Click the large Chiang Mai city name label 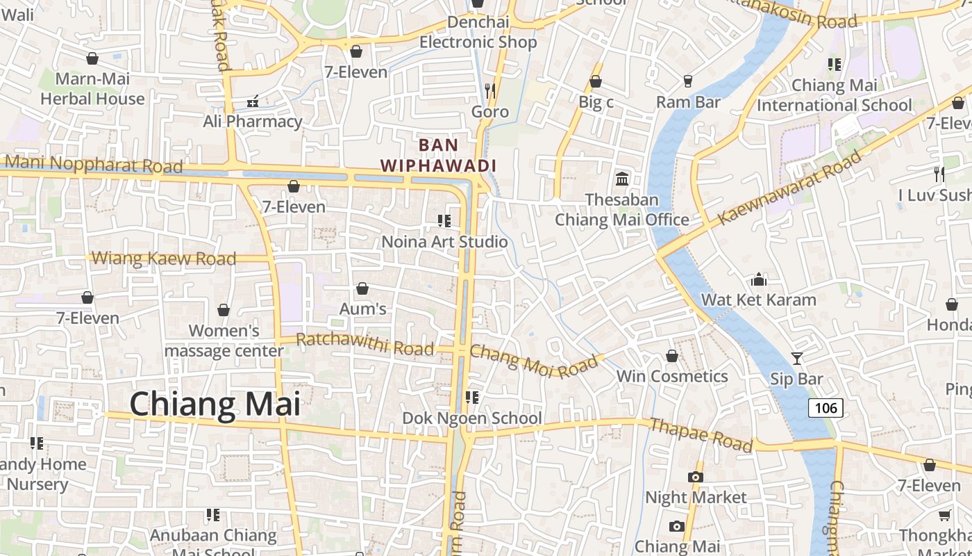(215, 404)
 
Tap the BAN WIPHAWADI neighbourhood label (439, 155)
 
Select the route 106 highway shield (826, 407)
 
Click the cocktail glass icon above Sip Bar (796, 358)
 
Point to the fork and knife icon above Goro (490, 90)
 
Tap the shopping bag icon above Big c (596, 81)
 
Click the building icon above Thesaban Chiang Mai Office (622, 179)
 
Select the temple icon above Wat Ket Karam (759, 279)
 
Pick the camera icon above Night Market (696, 477)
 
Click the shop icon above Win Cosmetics (671, 356)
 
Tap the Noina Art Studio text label (445, 242)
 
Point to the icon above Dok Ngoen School (472, 398)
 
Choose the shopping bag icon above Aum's (362, 288)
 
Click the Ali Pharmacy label (253, 122)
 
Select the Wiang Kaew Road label (164, 259)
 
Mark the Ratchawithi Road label (365, 344)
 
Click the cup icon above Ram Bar (688, 81)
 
